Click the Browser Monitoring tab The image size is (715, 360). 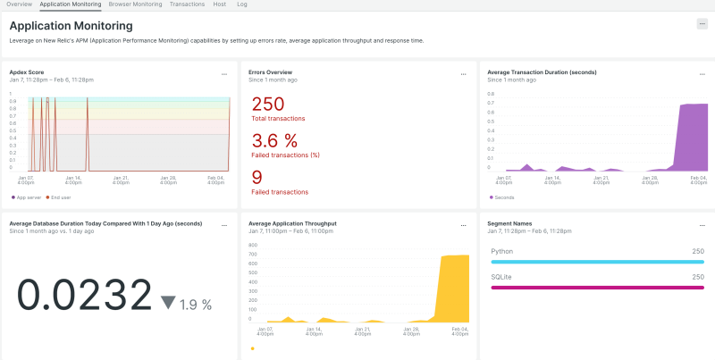(x=135, y=4)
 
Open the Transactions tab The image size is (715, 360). (x=187, y=4)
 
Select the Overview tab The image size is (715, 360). (x=20, y=4)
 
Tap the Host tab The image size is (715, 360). (x=219, y=4)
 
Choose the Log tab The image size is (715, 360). (x=242, y=4)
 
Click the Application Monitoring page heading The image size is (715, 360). (x=71, y=26)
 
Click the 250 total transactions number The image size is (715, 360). (x=267, y=104)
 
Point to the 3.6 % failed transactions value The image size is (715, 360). (x=274, y=140)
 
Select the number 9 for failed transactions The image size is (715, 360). (x=257, y=176)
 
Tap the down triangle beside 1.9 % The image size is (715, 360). (x=168, y=303)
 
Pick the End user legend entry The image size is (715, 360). (x=60, y=197)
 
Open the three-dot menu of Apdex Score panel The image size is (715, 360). (x=224, y=74)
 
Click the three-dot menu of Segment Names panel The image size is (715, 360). (x=702, y=225)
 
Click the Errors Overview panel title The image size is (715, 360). (x=270, y=71)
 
